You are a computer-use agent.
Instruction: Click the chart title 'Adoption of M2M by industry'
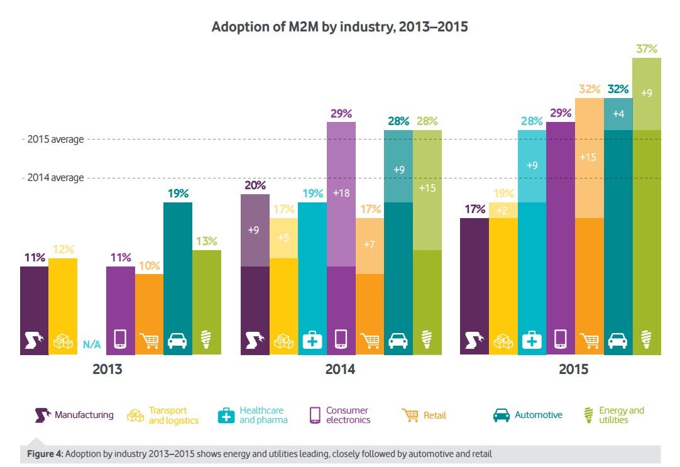[x=339, y=27]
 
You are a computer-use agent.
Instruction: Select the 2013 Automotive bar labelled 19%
[x=178, y=277]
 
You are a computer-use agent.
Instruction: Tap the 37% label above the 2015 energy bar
[x=647, y=48]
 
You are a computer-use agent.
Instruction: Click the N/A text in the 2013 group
[x=92, y=344]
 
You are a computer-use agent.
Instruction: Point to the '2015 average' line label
[x=55, y=139]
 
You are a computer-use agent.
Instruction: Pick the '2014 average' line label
[x=55, y=178]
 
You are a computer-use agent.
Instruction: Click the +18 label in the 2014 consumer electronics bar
[x=341, y=194]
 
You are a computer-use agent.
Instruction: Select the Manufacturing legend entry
[x=75, y=415]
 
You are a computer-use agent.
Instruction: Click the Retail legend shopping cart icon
[x=410, y=415]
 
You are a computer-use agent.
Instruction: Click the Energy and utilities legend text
[x=621, y=415]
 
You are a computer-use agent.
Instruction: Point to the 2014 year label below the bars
[x=340, y=370]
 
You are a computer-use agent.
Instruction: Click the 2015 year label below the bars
[x=573, y=370]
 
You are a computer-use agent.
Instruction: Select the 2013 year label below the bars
[x=107, y=370]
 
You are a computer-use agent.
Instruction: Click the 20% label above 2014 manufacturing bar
[x=255, y=185]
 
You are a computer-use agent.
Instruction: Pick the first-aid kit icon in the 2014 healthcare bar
[x=312, y=340]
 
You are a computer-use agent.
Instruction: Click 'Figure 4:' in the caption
[x=46, y=454]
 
